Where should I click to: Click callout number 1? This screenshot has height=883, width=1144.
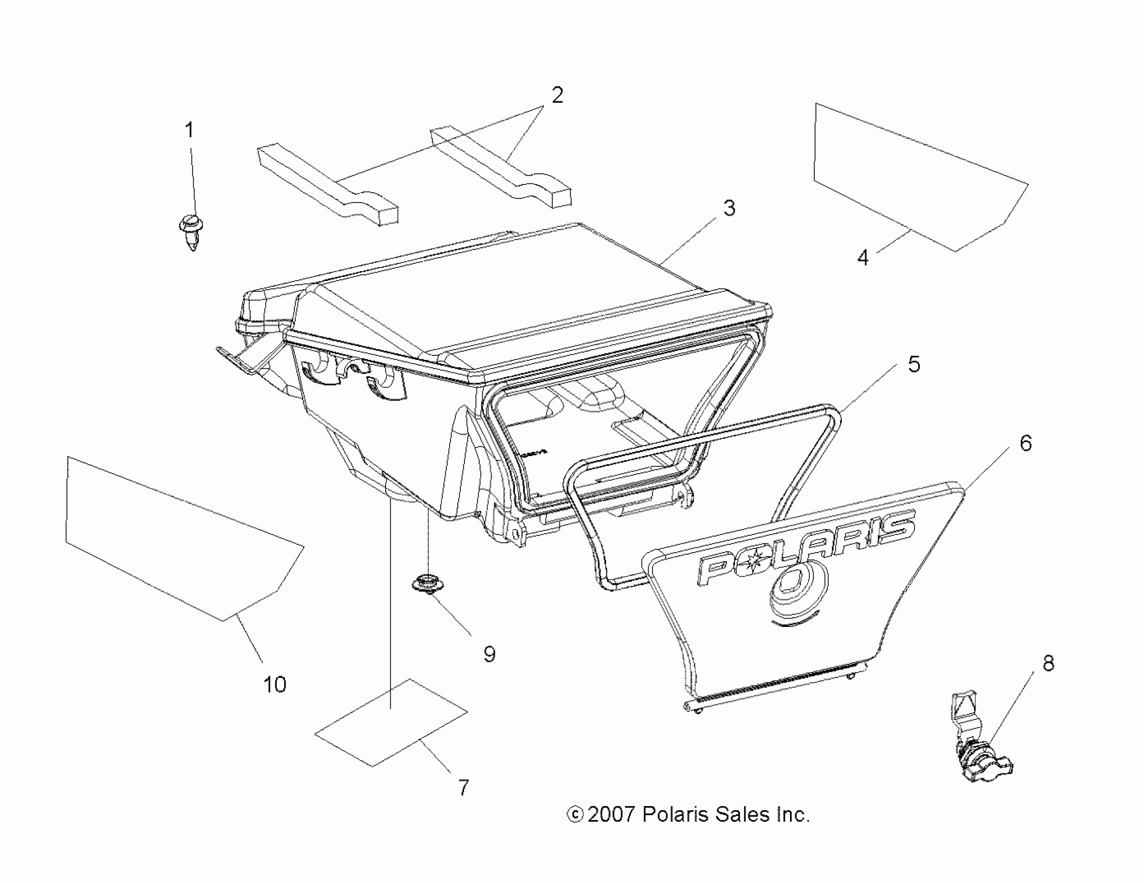coord(189,130)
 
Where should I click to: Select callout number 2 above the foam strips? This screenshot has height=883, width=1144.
coord(557,96)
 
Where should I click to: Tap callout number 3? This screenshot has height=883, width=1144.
coord(729,209)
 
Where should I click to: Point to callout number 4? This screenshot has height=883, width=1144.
coord(863,258)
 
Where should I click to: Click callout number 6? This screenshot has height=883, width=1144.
coord(1026,444)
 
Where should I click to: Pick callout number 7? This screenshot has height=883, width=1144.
coord(464,787)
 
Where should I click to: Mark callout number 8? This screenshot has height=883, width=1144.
coord(1048,663)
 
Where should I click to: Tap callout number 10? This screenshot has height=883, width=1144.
coord(275,685)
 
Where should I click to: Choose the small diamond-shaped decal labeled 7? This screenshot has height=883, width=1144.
coord(391,723)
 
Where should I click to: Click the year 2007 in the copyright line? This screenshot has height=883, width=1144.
coord(611,814)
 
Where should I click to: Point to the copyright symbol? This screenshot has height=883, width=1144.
coord(575,815)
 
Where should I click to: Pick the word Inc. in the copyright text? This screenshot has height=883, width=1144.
coord(791,814)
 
